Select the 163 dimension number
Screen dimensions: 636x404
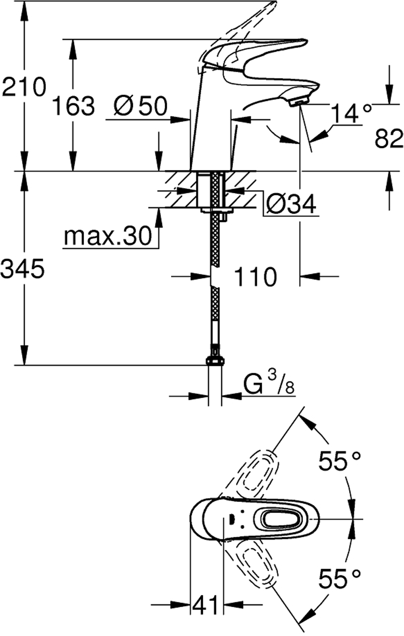click(73, 106)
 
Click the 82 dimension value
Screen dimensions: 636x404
click(388, 138)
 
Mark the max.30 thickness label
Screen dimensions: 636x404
click(107, 235)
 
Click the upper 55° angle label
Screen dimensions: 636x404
click(340, 461)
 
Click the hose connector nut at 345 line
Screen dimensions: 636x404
click(215, 360)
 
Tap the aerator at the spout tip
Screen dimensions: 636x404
click(299, 101)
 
